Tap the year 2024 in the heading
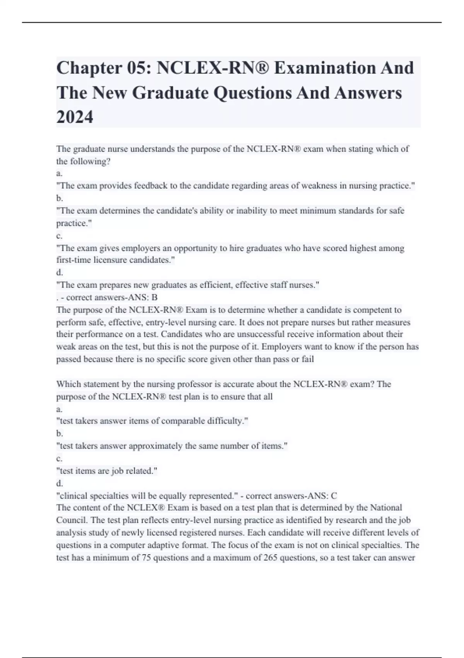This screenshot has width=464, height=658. click(x=75, y=117)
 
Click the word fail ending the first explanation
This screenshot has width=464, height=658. click(x=308, y=359)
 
